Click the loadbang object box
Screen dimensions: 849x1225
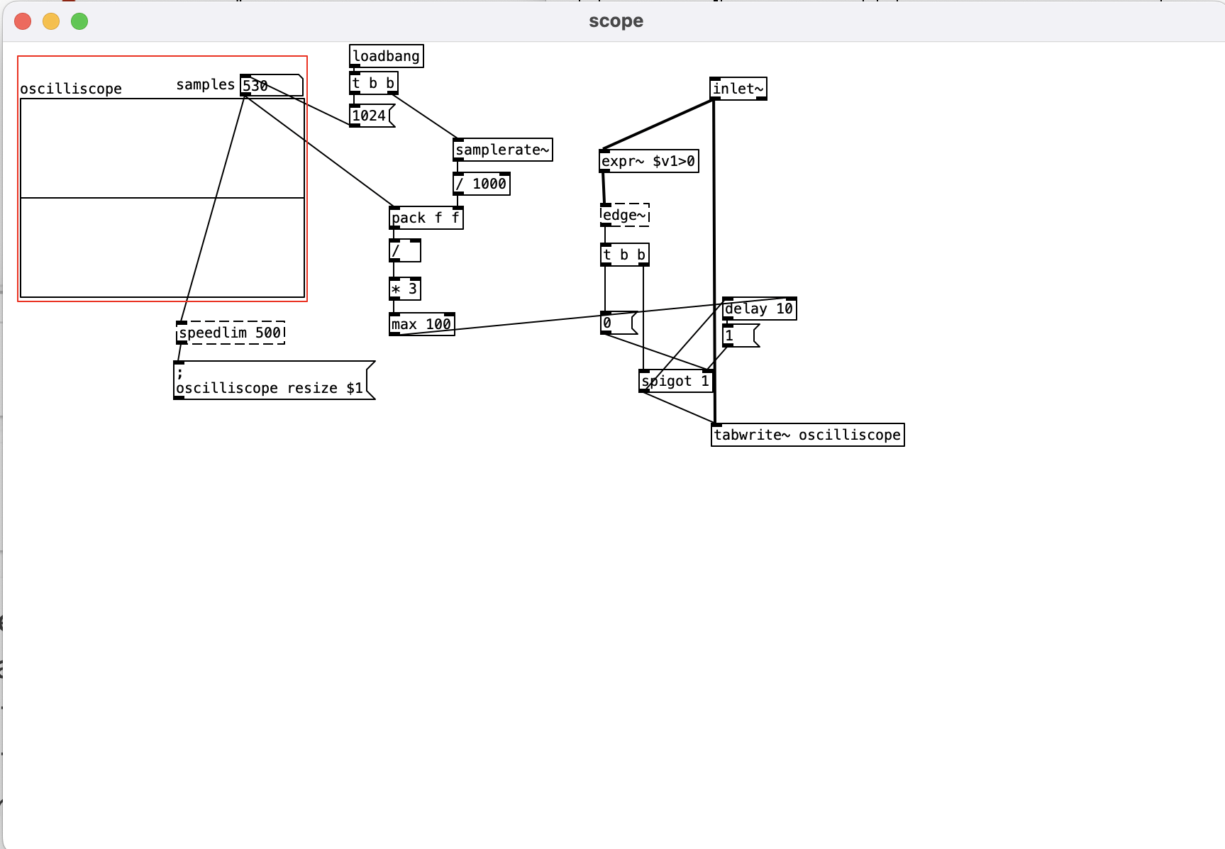click(386, 56)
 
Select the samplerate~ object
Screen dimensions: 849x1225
click(502, 150)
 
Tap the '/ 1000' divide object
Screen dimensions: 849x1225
click(482, 184)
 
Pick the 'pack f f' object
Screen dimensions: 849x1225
click(426, 218)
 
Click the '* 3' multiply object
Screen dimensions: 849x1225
click(404, 289)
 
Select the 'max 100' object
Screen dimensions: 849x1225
click(421, 324)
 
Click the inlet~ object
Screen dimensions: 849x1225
click(738, 89)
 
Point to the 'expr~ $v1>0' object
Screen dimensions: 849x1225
click(648, 161)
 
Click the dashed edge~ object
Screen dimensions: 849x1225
click(624, 215)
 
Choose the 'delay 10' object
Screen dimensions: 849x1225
click(759, 309)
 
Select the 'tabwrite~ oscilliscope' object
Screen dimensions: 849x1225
click(807, 435)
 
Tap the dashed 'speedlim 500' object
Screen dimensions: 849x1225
click(231, 333)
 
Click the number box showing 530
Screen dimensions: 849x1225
click(272, 85)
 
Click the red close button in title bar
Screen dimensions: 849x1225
click(23, 21)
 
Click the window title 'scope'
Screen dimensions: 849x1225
click(616, 21)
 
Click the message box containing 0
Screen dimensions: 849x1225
click(617, 323)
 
